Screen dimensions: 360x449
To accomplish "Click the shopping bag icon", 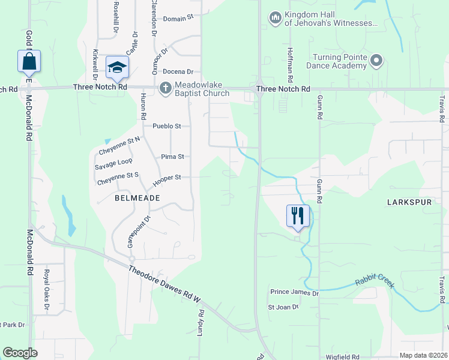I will point(29,61).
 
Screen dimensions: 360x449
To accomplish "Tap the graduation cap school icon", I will point(118,67).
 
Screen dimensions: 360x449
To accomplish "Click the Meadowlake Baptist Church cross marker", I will point(165,88).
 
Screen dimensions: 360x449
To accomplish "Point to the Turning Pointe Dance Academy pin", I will point(376,61).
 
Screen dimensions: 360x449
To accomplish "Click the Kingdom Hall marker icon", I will point(276,18).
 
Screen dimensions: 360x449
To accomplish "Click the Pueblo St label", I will point(167,126).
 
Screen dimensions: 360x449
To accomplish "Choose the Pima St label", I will point(172,157).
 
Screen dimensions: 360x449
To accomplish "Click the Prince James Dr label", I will point(294,292).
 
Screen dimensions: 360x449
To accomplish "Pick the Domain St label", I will point(178,19).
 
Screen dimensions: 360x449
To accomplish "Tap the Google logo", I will point(20,353).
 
